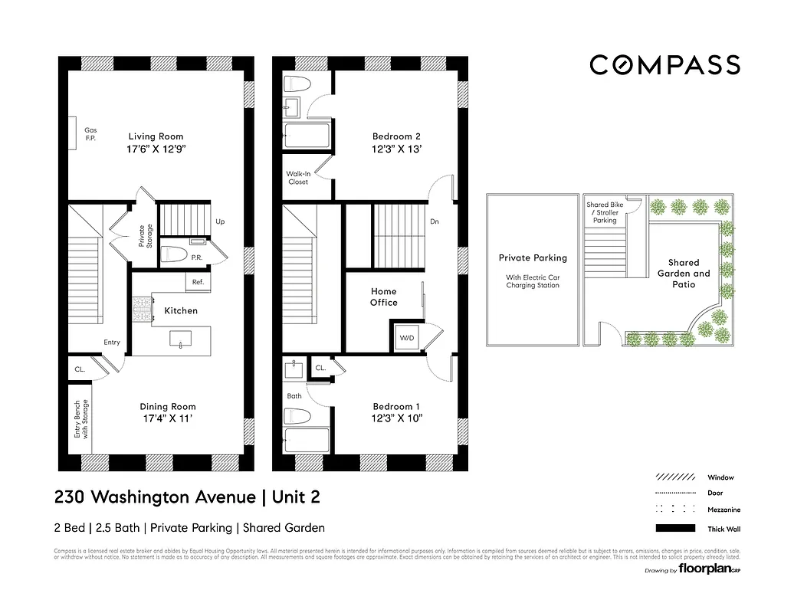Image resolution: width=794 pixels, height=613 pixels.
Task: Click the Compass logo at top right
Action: (664, 65)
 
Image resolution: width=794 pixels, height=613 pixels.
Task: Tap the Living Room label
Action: (156, 136)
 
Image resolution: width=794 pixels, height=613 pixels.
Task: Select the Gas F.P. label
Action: (90, 134)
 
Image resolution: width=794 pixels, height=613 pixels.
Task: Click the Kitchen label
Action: (181, 310)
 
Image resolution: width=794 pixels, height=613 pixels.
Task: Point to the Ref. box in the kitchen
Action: (198, 283)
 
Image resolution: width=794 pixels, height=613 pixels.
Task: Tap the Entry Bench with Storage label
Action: (81, 419)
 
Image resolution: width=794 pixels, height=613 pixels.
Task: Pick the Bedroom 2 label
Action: (396, 136)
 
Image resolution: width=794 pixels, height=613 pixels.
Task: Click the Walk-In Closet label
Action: (297, 178)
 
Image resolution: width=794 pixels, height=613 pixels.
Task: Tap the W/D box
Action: (405, 338)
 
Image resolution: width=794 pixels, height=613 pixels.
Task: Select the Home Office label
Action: (384, 297)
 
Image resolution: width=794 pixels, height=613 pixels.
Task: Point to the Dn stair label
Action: (434, 221)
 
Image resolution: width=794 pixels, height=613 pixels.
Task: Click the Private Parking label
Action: (533, 258)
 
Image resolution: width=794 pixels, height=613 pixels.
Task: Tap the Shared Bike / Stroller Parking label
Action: (605, 212)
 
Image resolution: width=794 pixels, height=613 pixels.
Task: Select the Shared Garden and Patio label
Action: (684, 273)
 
